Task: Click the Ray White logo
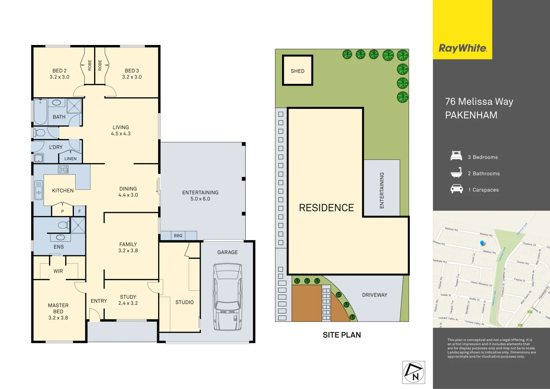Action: (x=462, y=48)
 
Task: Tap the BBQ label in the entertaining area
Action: (x=178, y=236)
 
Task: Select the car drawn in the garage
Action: (x=227, y=297)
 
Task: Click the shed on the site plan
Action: (x=298, y=71)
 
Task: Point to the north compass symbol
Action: (x=413, y=372)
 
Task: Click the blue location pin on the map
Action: (x=483, y=243)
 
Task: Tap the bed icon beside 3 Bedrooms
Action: (x=456, y=156)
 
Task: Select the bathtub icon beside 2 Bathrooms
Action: (x=456, y=173)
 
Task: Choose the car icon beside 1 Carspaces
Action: (x=456, y=189)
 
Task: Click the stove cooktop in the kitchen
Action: (x=63, y=169)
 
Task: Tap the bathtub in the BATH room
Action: (x=40, y=112)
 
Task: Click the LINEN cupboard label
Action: (x=71, y=158)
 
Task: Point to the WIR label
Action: (x=58, y=271)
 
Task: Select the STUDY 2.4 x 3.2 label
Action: (x=128, y=300)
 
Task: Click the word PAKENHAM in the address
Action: (x=471, y=115)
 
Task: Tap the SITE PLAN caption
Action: (x=341, y=335)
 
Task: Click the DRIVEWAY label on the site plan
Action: (x=375, y=295)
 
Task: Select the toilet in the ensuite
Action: (x=63, y=225)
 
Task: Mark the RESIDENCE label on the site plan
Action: (x=326, y=208)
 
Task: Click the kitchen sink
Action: (x=39, y=190)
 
